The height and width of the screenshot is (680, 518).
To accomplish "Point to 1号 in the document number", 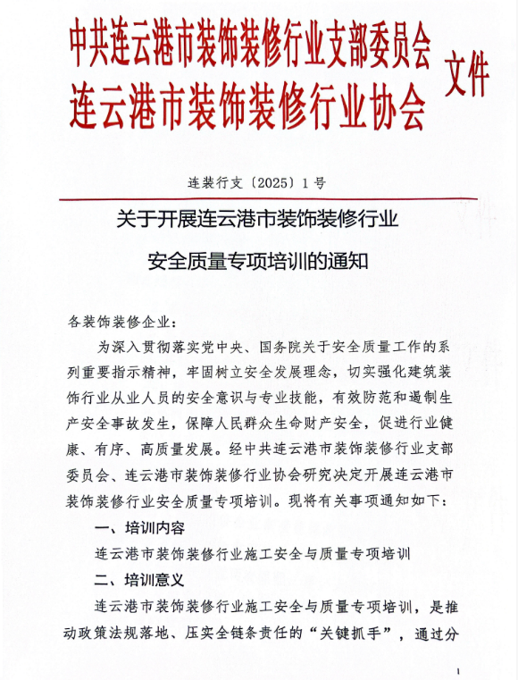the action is point(314,182).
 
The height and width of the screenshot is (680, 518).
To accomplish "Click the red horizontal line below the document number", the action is point(259,198).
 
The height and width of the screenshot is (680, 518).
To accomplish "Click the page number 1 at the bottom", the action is point(457,669).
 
